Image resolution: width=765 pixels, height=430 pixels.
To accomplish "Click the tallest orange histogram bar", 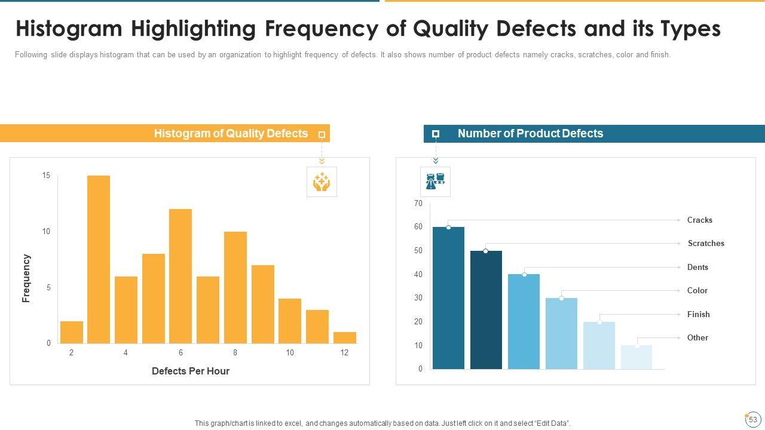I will [x=99, y=259].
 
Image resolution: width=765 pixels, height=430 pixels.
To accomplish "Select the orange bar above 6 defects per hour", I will [x=180, y=276].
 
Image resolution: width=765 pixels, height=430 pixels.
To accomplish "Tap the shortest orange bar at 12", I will [x=345, y=337].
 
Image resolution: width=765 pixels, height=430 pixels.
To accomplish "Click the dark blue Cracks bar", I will [x=448, y=298].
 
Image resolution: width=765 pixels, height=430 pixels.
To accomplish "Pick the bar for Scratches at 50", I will [x=486, y=310].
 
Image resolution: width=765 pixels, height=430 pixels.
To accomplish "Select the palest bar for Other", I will [x=637, y=357].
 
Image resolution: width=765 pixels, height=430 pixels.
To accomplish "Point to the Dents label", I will [x=697, y=267].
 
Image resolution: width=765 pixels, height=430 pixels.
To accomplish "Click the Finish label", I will [x=698, y=314].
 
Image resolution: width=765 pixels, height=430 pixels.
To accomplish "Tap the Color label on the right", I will [x=697, y=291].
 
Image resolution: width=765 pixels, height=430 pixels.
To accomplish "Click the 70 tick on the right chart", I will [x=418, y=204].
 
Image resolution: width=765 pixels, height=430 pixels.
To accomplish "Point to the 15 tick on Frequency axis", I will [x=46, y=176].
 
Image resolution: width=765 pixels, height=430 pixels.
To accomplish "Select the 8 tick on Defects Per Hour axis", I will [x=235, y=353].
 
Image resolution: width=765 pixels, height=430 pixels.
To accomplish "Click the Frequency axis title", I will [x=26, y=278].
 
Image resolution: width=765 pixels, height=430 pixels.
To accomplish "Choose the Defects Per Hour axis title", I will [x=191, y=371].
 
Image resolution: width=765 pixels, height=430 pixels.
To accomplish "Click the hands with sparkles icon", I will [x=322, y=182].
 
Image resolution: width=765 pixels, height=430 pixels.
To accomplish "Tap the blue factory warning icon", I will [x=435, y=182].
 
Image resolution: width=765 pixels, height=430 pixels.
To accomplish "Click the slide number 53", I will [x=753, y=420].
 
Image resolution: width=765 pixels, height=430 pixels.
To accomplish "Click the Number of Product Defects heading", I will [x=530, y=134].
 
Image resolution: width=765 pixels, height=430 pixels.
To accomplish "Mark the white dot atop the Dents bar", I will [x=524, y=275].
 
